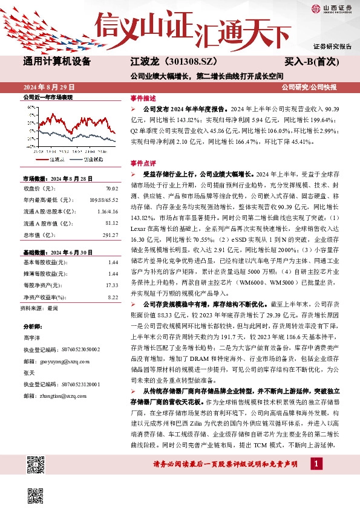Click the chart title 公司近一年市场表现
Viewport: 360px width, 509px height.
47,97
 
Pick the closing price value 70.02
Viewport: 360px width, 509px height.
111,189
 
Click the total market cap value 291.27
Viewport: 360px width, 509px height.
110,235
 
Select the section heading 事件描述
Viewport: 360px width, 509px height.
143,98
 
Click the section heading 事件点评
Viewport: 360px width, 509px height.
143,163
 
